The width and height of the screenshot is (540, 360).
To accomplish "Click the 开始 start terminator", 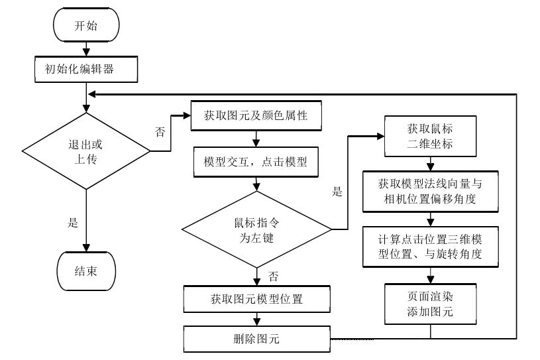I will (86, 26).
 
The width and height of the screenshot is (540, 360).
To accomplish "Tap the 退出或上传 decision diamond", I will (86, 152).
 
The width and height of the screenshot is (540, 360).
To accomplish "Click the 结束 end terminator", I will (86, 270).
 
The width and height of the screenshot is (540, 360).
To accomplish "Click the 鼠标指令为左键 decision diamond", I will (256, 229).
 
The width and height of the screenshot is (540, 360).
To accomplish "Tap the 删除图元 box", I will (256, 339).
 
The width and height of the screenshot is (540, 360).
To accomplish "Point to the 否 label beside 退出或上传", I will (160, 132).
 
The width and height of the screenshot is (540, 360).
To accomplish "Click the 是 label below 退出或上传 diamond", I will (74, 223).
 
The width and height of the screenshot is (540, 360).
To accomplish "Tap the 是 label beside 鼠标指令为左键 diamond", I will (337, 192).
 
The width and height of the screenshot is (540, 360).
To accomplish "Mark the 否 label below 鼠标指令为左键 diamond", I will (273, 274).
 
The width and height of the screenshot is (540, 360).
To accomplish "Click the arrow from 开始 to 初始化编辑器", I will (86, 48).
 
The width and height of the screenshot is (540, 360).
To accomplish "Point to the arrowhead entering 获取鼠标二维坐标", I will (381, 136).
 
